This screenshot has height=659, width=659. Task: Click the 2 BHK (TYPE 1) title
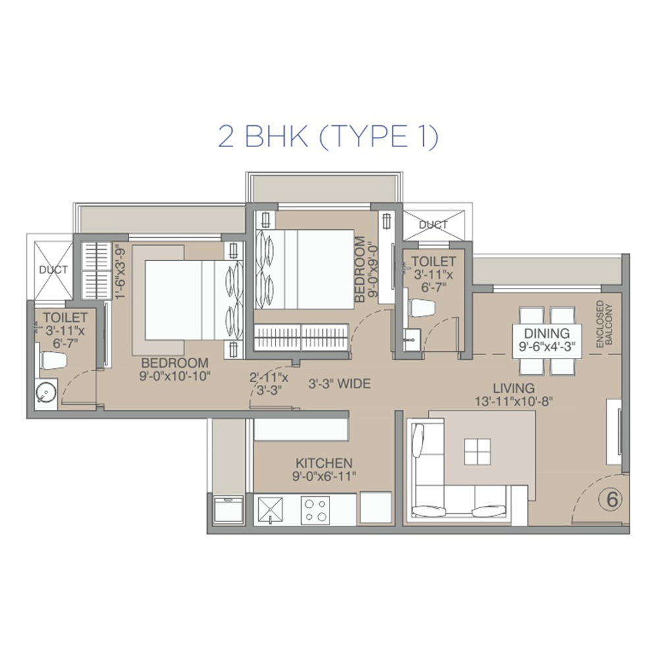(x=328, y=136)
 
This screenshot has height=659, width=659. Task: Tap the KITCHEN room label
(x=324, y=463)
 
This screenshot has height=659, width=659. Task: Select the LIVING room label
(x=513, y=388)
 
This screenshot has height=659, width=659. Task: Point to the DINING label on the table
(x=547, y=333)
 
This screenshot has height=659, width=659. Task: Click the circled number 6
(x=612, y=500)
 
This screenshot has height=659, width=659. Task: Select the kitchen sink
(x=270, y=510)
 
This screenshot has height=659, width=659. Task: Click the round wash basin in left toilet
(x=45, y=393)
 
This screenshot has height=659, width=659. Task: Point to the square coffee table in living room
(x=477, y=452)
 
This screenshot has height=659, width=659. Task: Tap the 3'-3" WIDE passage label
(x=339, y=384)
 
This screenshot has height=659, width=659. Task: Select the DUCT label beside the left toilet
(x=53, y=270)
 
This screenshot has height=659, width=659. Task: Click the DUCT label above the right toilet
(x=434, y=225)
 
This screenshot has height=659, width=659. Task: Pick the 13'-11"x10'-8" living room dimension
(x=513, y=401)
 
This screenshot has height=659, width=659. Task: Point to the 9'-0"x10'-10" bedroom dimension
(x=175, y=376)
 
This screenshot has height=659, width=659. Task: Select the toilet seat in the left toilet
(x=53, y=360)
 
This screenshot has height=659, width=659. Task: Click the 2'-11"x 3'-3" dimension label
(x=269, y=384)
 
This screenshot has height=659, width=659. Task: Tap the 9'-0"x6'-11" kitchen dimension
(x=324, y=476)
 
